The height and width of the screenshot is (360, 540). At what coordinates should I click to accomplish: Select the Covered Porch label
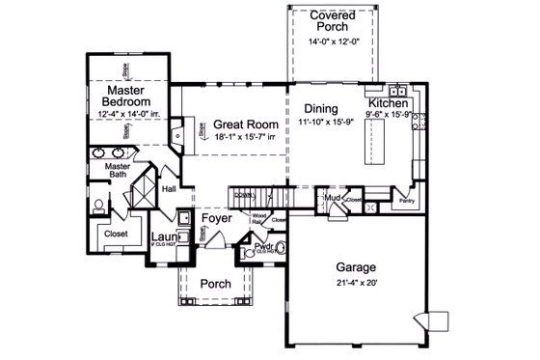[332, 22]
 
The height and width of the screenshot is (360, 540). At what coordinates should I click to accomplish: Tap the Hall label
[169, 189]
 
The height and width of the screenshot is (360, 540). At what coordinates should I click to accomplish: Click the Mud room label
[333, 198]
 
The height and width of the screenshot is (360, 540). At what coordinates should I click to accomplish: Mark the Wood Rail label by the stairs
[258, 219]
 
